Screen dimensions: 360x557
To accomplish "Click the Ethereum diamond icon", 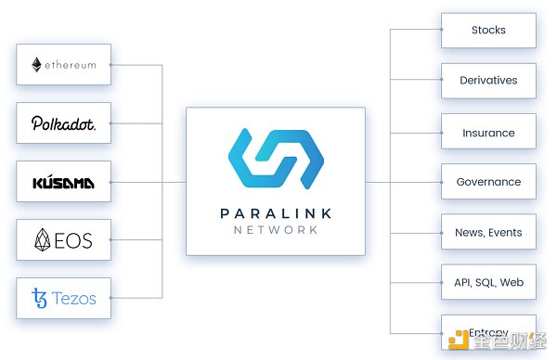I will click(37, 65).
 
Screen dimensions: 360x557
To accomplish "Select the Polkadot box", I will click(63, 122).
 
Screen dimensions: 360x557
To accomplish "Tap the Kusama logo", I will click(63, 182).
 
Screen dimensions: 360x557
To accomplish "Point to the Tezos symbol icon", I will click(38, 299).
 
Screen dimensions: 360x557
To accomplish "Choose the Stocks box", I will click(488, 30).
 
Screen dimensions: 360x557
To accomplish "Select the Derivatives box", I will click(488, 81).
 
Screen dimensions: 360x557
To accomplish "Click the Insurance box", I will click(488, 133).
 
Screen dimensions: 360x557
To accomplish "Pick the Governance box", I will click(488, 182).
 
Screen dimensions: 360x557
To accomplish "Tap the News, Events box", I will click(488, 232).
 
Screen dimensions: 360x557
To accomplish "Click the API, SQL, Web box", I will click(488, 281).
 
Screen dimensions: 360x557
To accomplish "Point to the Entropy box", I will click(488, 331).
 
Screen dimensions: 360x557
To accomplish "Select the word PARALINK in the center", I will click(276, 213).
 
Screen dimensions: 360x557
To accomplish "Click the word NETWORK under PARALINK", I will click(276, 229).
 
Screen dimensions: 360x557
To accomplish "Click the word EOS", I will click(75, 240).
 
